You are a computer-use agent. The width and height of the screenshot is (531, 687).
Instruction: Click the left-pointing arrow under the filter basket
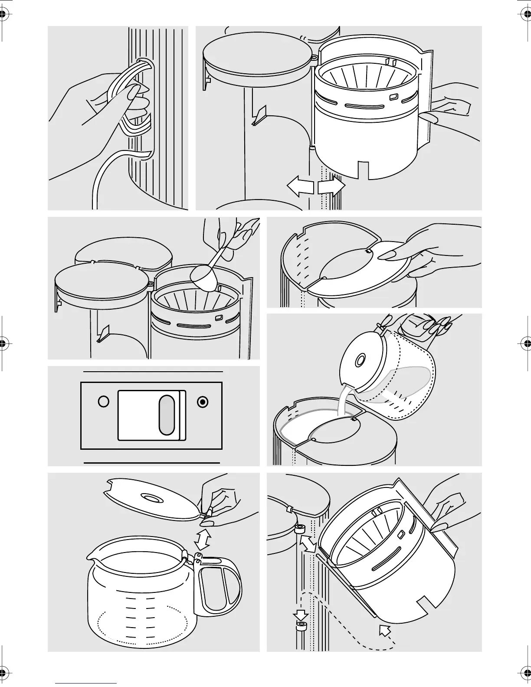300,187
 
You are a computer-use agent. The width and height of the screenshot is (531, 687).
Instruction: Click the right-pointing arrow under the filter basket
331,187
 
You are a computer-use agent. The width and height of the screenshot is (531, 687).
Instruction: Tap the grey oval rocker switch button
167,415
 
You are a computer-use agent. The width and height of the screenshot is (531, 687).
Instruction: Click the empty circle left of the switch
103,402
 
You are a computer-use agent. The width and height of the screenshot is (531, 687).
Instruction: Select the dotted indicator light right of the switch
202,402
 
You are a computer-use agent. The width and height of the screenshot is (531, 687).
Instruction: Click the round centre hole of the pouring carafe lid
360,360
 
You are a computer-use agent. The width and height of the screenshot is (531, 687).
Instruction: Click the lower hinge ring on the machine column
300,626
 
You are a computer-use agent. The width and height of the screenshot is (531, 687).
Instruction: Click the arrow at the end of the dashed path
384,629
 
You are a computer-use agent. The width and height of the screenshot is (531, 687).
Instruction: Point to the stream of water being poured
343,402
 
